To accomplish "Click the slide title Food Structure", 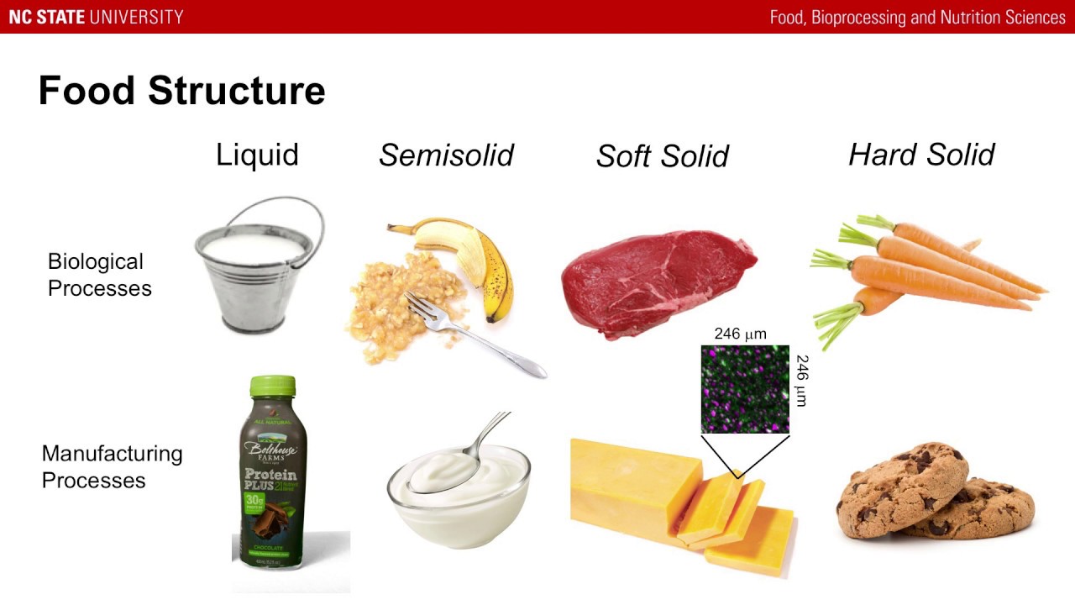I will (x=181, y=91).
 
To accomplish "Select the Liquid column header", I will (x=257, y=155).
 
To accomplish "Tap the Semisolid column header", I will (x=446, y=155).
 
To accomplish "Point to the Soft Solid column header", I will (x=662, y=156).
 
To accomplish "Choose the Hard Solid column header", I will (x=921, y=155).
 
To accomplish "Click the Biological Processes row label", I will (x=99, y=275).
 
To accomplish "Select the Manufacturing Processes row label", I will (x=112, y=466).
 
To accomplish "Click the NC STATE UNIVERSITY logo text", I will (x=96, y=17).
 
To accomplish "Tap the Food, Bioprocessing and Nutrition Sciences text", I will (x=917, y=18).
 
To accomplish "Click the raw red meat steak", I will (x=655, y=281).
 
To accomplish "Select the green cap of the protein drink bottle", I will (x=273, y=387).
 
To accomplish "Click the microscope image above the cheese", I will (x=745, y=388).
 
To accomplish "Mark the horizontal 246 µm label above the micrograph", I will (x=740, y=334).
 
